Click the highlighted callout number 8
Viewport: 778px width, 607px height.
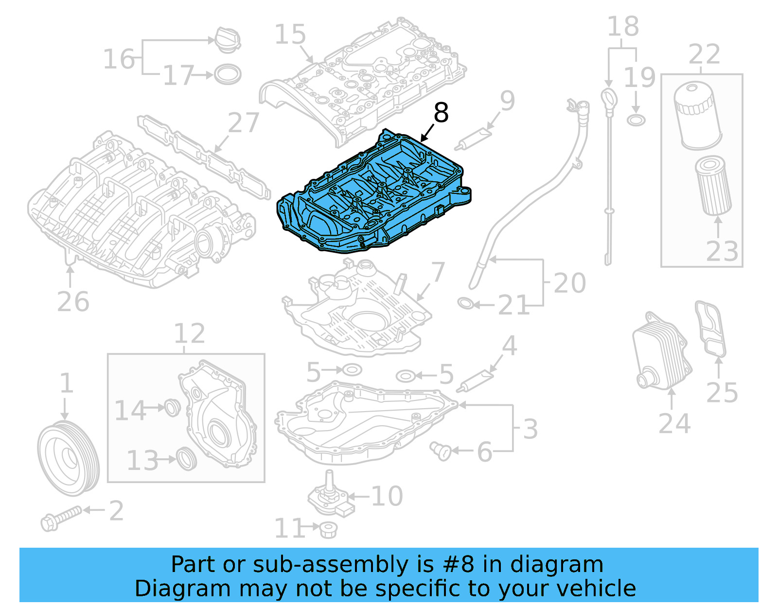(x=441, y=113)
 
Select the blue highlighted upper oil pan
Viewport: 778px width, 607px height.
(x=374, y=194)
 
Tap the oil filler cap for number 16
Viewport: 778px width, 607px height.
(x=227, y=40)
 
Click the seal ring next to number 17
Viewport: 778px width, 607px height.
(x=228, y=75)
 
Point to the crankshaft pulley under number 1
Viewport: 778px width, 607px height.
(x=68, y=458)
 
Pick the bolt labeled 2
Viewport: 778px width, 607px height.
(x=60, y=518)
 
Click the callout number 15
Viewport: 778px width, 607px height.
(x=290, y=35)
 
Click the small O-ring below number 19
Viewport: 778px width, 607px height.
(x=636, y=120)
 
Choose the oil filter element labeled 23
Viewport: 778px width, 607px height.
(x=713, y=185)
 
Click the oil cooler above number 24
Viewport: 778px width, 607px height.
(x=661, y=351)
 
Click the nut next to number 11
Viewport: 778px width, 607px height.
(x=328, y=529)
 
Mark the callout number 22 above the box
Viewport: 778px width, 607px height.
(x=704, y=54)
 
